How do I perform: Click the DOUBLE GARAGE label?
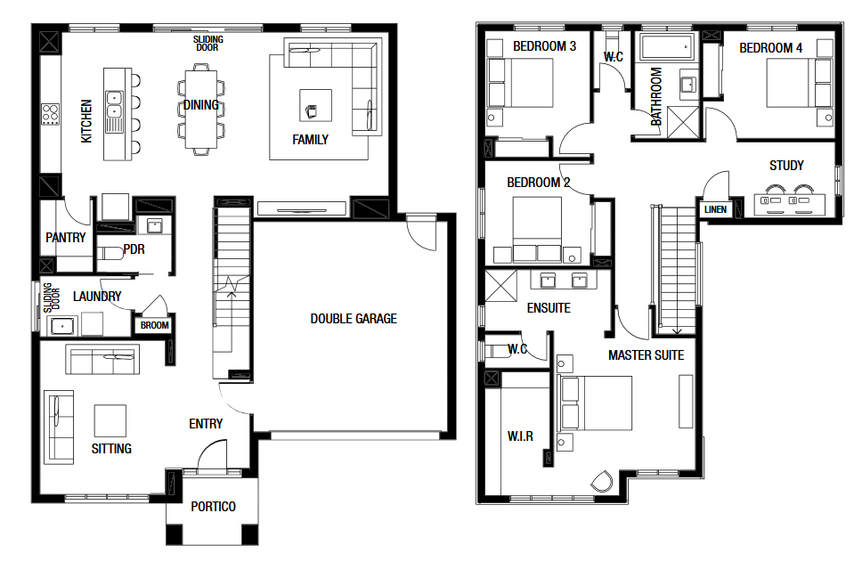pos(354,319)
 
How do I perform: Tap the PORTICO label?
pos(214,507)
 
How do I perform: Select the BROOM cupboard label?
pos(154,326)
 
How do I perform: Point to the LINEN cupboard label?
pos(715,209)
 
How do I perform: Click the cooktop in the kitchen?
pos(50,114)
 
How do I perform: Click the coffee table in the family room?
pos(315,105)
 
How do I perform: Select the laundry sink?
pos(62,326)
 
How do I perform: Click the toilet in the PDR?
pos(110,254)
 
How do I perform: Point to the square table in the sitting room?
pos(110,420)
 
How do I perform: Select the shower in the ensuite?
pos(500,286)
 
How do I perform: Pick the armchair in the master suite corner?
pos(602,481)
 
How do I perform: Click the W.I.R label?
pos(520,436)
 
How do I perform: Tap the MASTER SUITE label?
pos(646,355)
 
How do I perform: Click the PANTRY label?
pos(65,238)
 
